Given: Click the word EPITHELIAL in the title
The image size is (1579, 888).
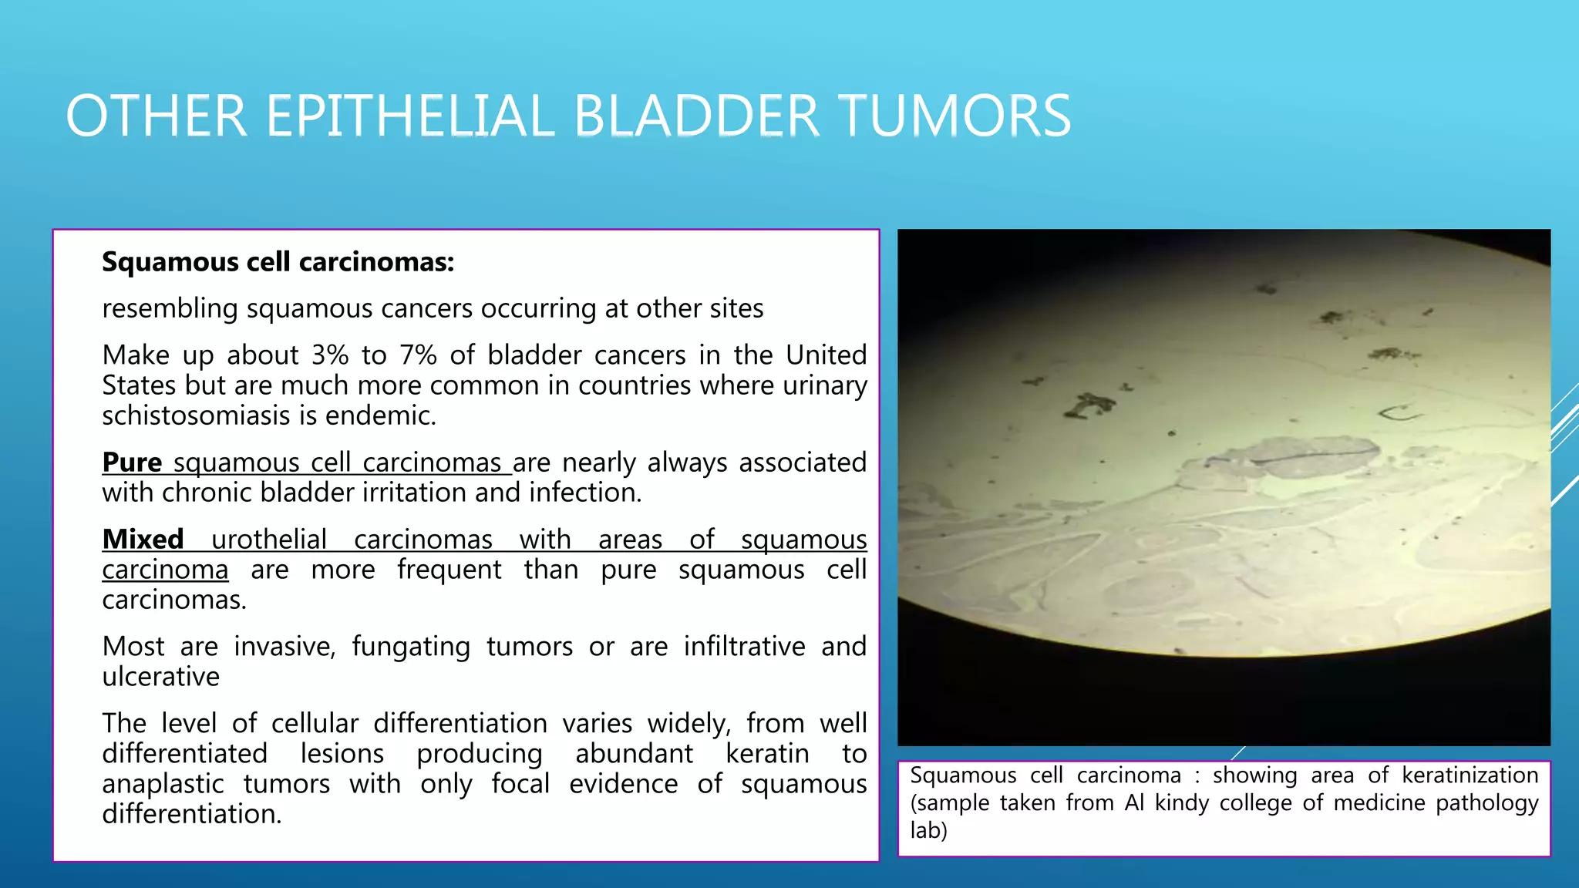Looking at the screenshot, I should (x=409, y=116).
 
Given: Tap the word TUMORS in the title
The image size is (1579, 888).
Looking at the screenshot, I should (x=954, y=116).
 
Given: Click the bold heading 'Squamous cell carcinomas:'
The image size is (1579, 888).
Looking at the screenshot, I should (x=278, y=262).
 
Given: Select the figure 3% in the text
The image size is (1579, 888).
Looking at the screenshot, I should (x=330, y=355).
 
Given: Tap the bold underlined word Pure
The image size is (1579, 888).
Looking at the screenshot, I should (x=132, y=462).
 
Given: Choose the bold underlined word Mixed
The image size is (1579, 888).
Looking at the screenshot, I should (x=143, y=539).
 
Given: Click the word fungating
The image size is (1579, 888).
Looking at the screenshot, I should (x=410, y=646).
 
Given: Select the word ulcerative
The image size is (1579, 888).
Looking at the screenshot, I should (x=160, y=677).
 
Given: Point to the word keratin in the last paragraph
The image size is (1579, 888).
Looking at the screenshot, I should (x=767, y=753).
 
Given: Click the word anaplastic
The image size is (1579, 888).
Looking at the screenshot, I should (x=163, y=784).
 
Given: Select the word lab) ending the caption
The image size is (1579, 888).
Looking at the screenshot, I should (x=928, y=830).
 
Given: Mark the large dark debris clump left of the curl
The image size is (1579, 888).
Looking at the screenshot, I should (x=1088, y=405).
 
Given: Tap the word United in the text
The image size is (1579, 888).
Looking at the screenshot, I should (x=826, y=355).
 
